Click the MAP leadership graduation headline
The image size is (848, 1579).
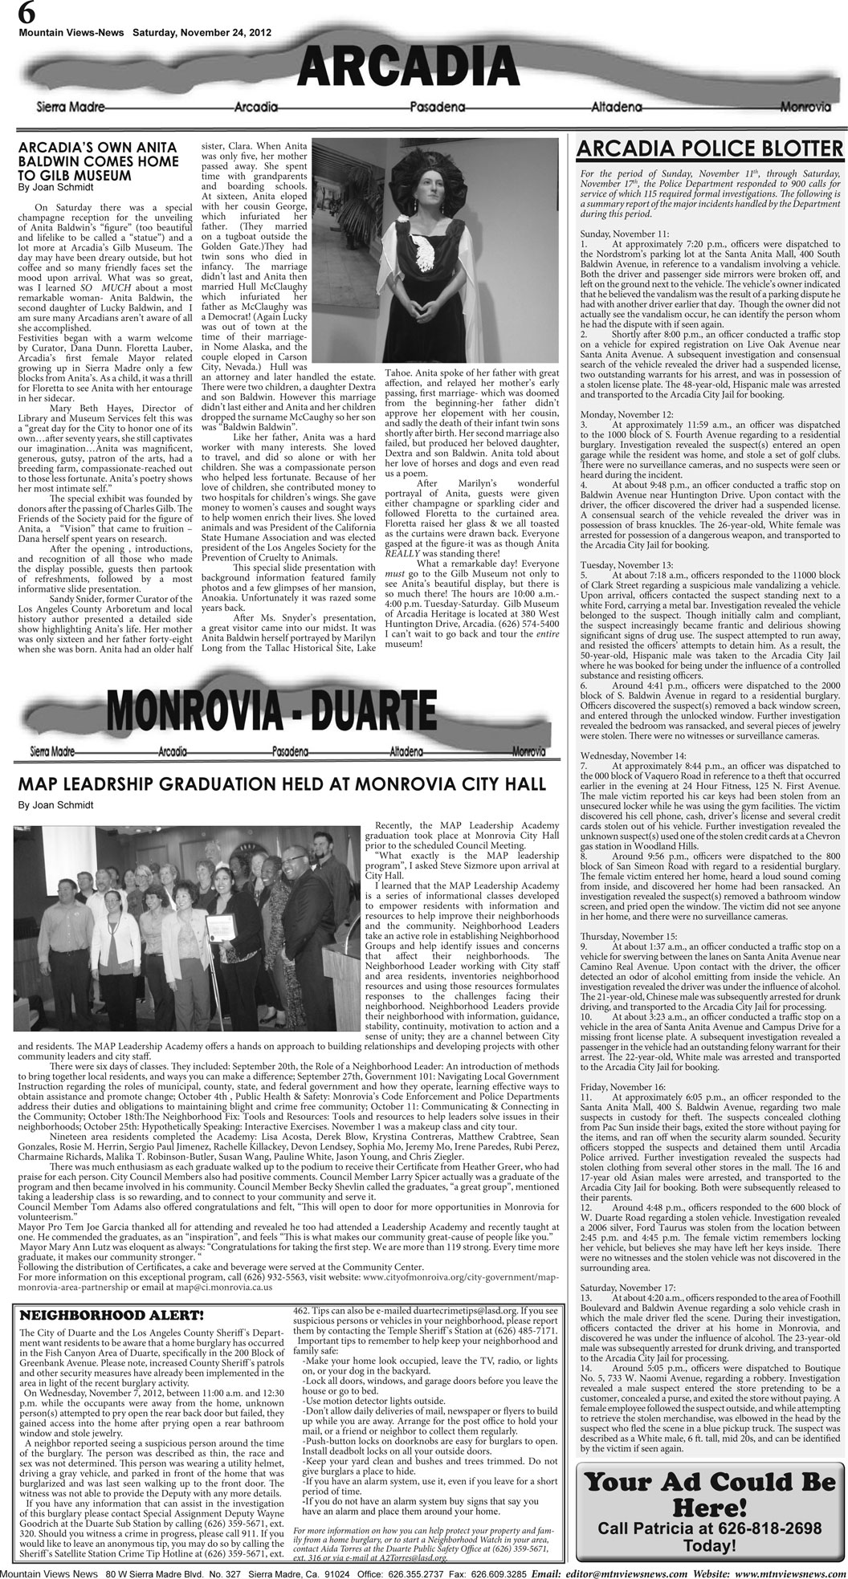click(x=282, y=783)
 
